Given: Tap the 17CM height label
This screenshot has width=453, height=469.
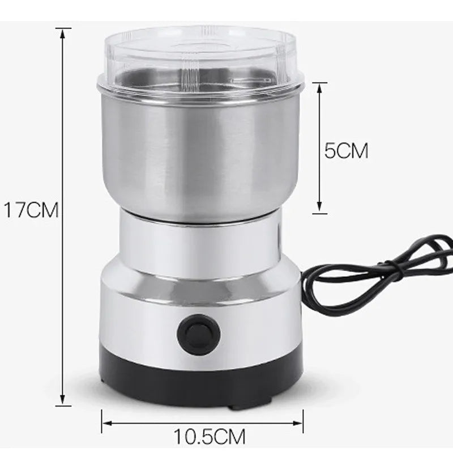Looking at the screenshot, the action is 31,210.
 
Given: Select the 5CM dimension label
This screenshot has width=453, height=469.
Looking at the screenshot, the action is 346,150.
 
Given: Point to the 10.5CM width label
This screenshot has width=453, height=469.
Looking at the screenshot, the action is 210,437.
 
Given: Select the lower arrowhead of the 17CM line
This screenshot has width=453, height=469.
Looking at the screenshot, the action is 62,399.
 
